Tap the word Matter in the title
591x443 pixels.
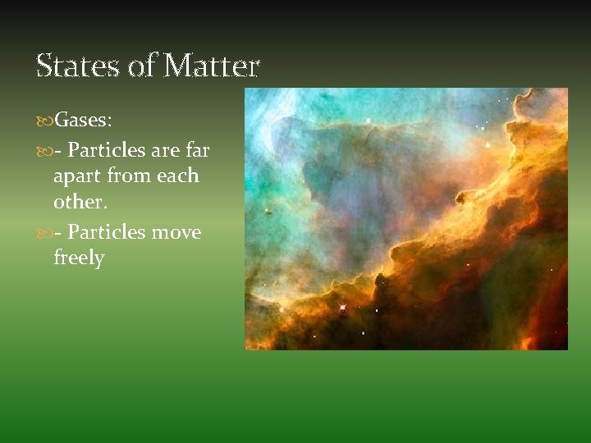click(x=211, y=65)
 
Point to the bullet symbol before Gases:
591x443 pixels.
click(x=44, y=121)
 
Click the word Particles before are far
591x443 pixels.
click(x=107, y=151)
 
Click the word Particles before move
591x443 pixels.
click(x=107, y=232)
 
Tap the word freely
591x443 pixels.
click(x=79, y=258)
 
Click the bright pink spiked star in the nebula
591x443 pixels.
click(x=341, y=308)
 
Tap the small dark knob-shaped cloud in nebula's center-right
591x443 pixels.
click(x=462, y=197)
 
